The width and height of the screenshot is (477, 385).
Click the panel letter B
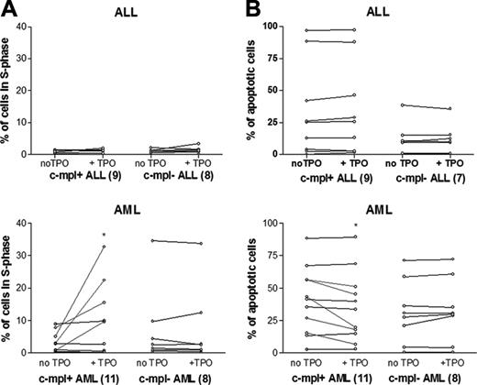248,8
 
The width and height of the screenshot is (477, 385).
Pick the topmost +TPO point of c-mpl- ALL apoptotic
423,109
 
